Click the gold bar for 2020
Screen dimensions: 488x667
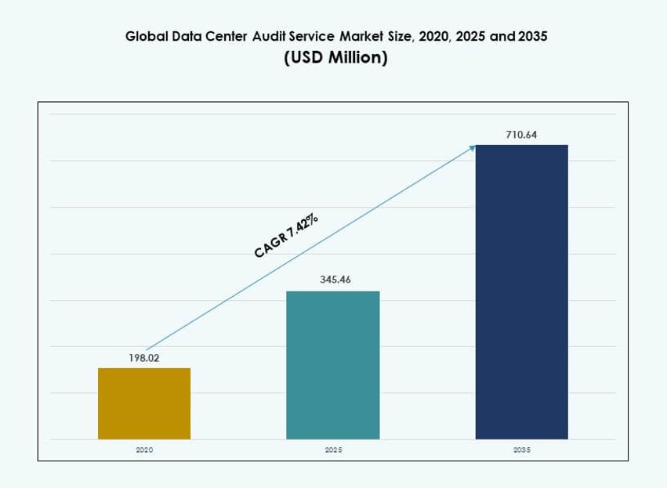[x=144, y=403]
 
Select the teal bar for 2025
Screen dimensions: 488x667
[x=333, y=365]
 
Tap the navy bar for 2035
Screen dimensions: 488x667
[x=522, y=291]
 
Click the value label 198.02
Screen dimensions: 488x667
[x=144, y=357]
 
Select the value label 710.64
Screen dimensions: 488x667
[x=521, y=135]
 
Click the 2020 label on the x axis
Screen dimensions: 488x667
[x=144, y=450]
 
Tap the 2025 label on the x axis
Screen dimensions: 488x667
[x=333, y=450]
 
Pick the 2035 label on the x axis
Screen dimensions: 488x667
[x=522, y=450]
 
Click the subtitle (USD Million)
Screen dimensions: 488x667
[x=335, y=59]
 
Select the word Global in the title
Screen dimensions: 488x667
[x=146, y=37]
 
